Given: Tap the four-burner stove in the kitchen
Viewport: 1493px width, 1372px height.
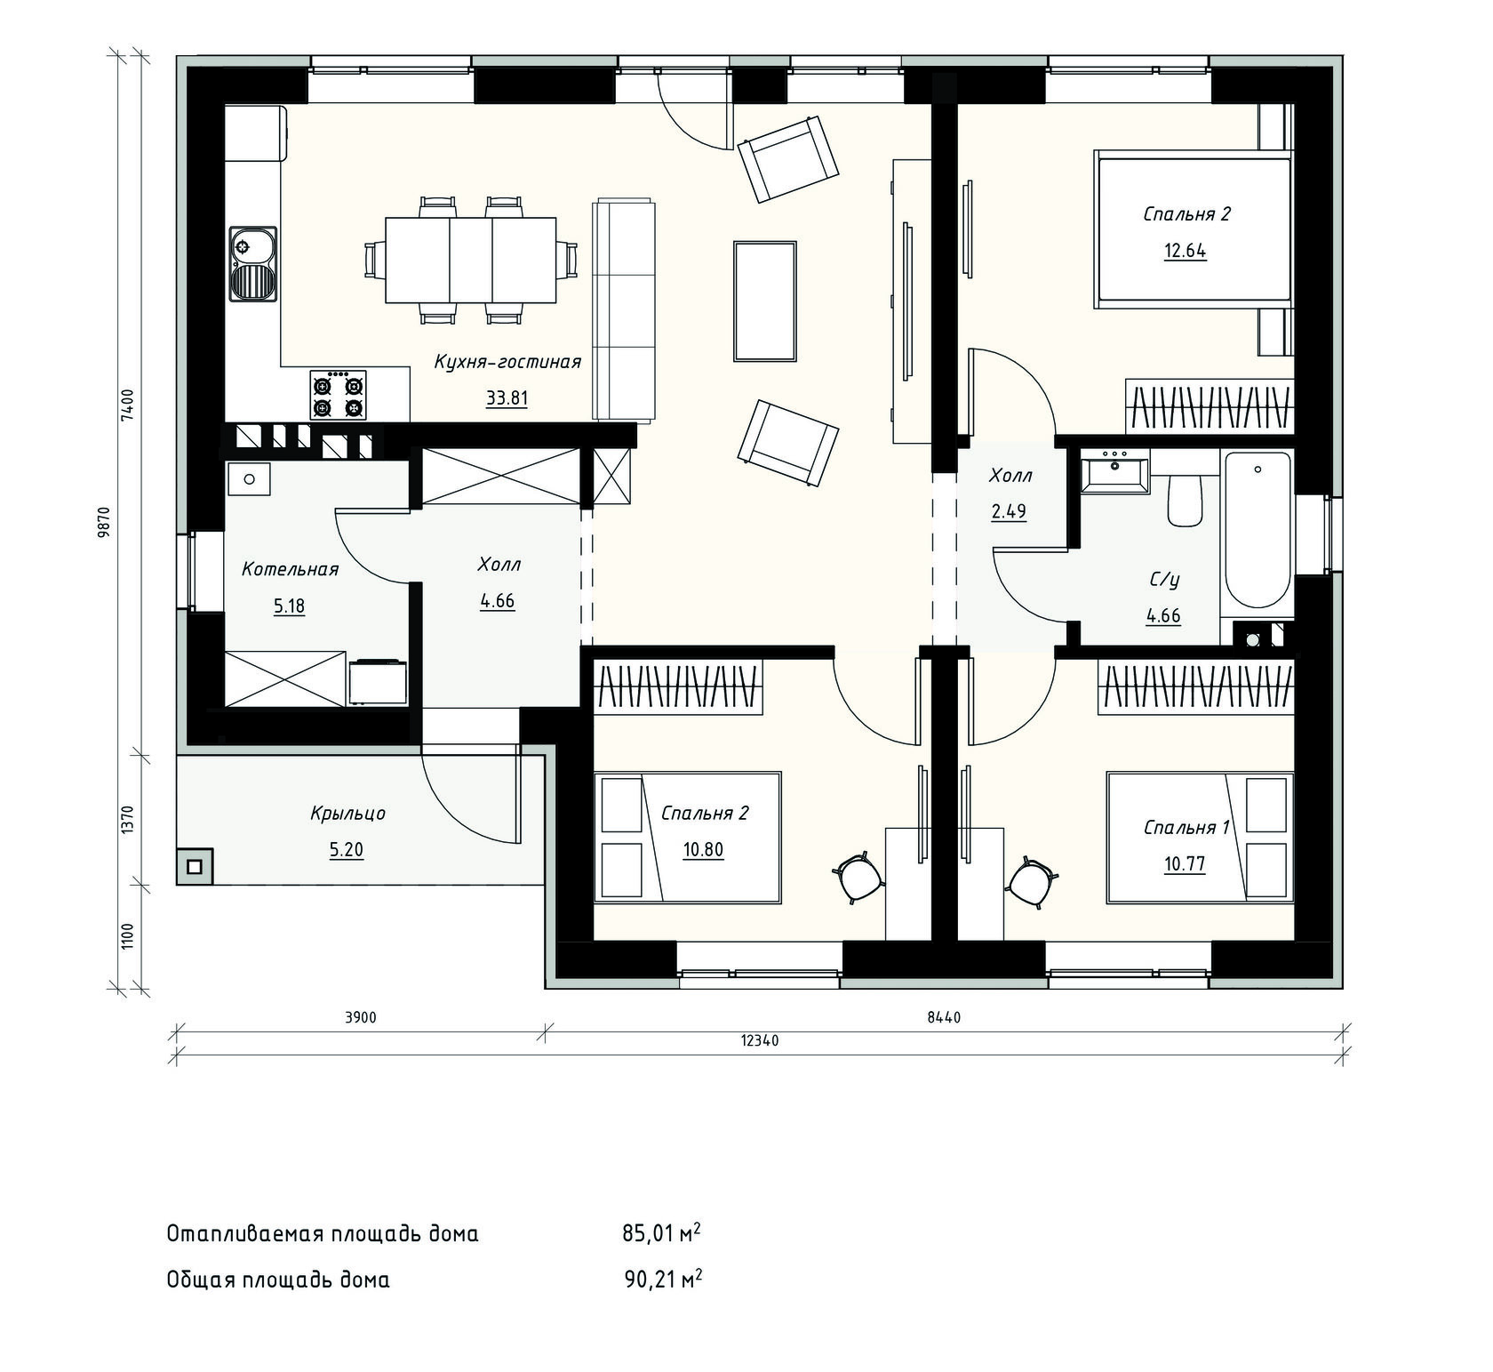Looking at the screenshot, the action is (x=338, y=396).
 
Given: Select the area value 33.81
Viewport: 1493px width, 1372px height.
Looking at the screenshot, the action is (x=507, y=397).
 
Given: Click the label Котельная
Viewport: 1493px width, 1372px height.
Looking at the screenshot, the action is (x=291, y=569).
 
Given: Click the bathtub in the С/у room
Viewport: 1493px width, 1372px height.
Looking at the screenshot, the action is (x=1257, y=530).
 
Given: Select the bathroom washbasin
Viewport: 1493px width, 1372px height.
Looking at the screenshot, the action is (x=1114, y=471).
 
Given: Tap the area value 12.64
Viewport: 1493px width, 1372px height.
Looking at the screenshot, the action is (x=1186, y=251).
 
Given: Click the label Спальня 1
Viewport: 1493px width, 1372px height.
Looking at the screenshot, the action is (x=1186, y=828).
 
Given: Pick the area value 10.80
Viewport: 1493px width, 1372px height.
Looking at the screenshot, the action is (x=703, y=849).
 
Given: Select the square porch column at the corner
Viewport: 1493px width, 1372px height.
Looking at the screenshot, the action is (x=195, y=865).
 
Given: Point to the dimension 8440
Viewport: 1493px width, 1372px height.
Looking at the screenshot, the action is (x=944, y=1018).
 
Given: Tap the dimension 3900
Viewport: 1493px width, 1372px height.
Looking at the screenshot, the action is (x=360, y=1018).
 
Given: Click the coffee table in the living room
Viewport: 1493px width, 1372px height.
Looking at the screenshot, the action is (x=764, y=301).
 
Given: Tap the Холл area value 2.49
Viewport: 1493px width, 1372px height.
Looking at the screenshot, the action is (x=1010, y=511).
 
